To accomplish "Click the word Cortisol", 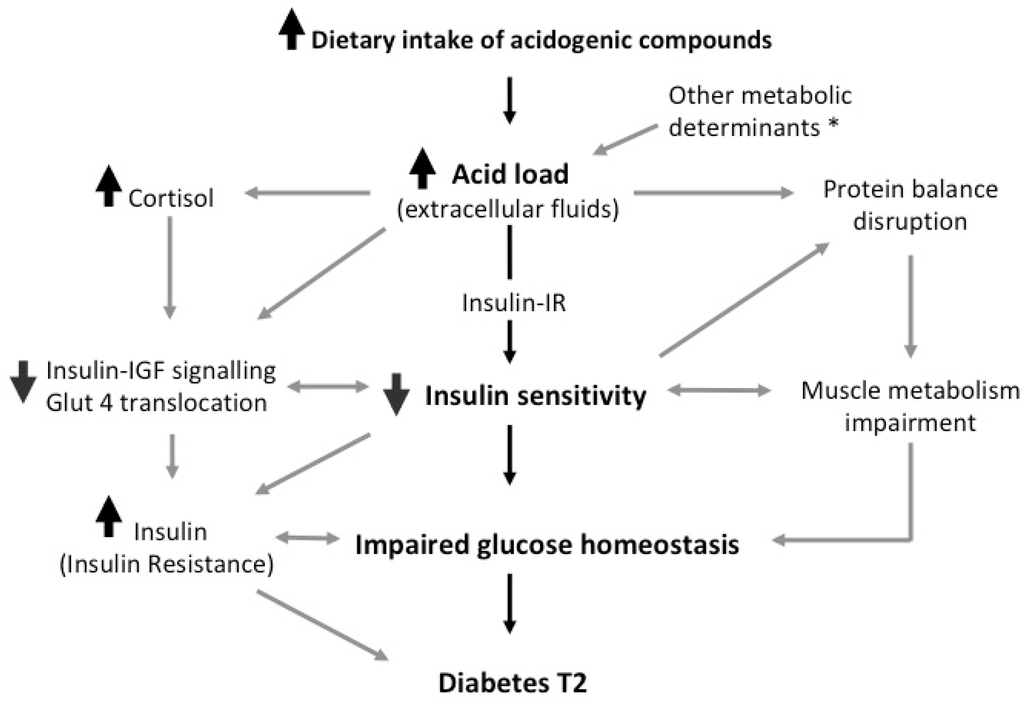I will click(171, 198).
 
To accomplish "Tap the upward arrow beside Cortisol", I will click(109, 186).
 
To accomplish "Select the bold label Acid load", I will click(510, 174).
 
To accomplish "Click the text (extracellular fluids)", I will click(508, 209).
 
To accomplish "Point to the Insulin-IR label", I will click(513, 303).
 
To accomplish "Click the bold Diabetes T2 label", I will click(513, 682).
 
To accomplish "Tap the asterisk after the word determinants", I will click(833, 125).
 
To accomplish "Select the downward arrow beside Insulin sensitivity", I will click(396, 394).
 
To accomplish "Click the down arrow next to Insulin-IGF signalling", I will click(23, 381).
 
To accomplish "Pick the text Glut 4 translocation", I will click(157, 403).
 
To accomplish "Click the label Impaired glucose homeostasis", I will click(547, 544).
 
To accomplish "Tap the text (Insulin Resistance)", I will click(167, 565).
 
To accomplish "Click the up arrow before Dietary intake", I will click(292, 29).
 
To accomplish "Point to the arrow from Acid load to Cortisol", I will click(307, 193).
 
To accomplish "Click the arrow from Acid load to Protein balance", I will click(713, 193).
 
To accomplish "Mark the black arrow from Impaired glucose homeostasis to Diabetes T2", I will click(510, 603).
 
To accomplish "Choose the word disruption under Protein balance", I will click(910, 221).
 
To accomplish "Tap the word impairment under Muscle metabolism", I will click(910, 423).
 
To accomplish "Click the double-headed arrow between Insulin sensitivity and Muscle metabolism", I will click(719, 390).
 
